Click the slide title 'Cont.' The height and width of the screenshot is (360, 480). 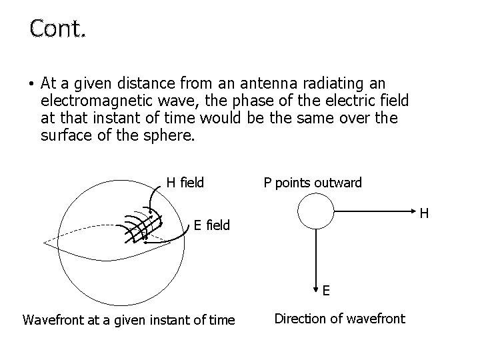pos(57,28)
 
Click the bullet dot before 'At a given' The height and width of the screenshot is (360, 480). pos(31,85)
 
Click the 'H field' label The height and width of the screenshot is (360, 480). pos(185,182)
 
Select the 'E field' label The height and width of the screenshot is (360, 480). pos(211,225)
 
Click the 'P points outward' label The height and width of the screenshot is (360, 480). pos(313,182)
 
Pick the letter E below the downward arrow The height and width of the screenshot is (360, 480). pos(326,291)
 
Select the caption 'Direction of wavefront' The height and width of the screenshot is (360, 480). pos(340,319)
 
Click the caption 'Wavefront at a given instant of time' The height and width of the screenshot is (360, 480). pos(129,320)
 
